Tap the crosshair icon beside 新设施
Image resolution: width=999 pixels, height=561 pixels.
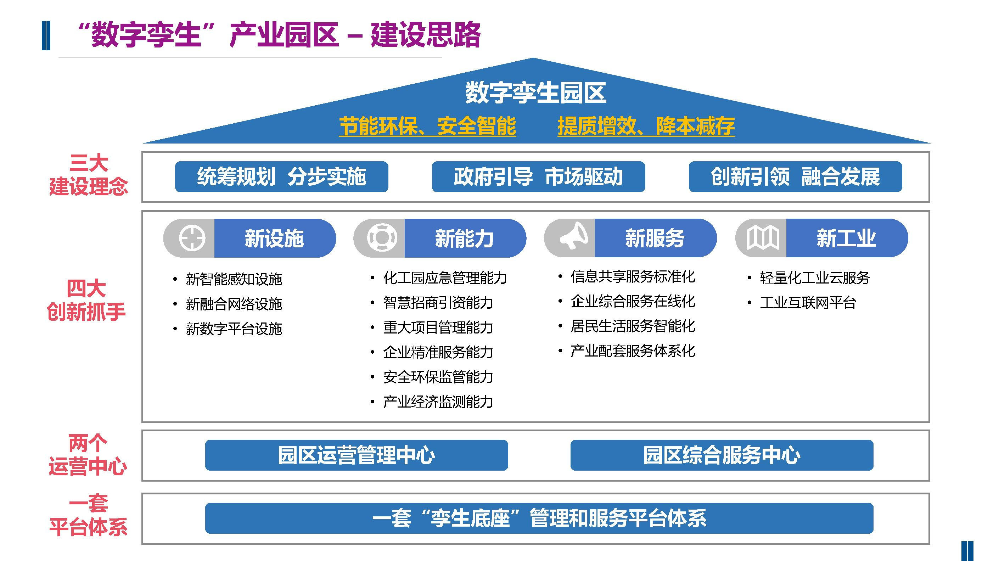192,238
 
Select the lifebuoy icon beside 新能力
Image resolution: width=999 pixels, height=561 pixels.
382,238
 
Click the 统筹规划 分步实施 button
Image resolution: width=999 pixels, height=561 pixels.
281,177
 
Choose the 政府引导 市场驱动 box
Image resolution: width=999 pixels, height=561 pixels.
538,177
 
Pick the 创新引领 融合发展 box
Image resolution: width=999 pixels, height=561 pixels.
795,177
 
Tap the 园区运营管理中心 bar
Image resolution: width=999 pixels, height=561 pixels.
357,455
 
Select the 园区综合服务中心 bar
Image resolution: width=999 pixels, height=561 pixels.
722,455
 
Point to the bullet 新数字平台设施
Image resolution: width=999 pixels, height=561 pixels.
234,329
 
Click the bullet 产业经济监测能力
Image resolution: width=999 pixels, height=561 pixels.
438,402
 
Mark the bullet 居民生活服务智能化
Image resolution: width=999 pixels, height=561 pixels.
633,326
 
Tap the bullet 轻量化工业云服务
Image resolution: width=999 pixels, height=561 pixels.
815,277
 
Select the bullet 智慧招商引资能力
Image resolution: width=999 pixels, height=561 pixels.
438,302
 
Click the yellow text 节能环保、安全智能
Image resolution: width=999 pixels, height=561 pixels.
427,126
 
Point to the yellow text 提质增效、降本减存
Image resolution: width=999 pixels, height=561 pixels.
646,126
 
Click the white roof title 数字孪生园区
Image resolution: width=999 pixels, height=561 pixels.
535,93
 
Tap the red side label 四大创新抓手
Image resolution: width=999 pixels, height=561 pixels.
86,300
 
